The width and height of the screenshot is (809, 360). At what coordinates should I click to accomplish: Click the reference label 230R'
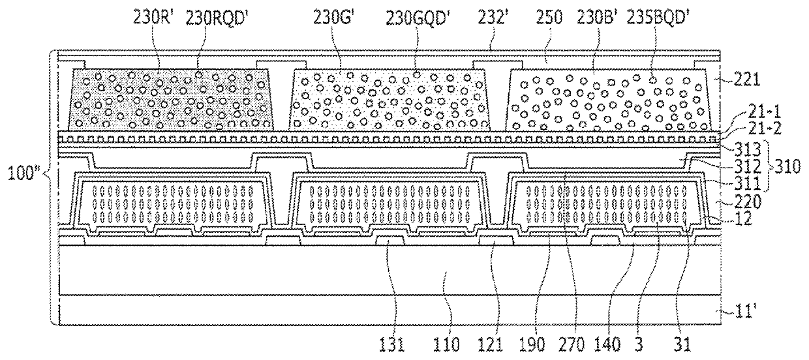(x=152, y=20)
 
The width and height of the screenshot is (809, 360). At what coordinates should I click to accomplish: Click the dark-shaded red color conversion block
(x=171, y=99)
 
